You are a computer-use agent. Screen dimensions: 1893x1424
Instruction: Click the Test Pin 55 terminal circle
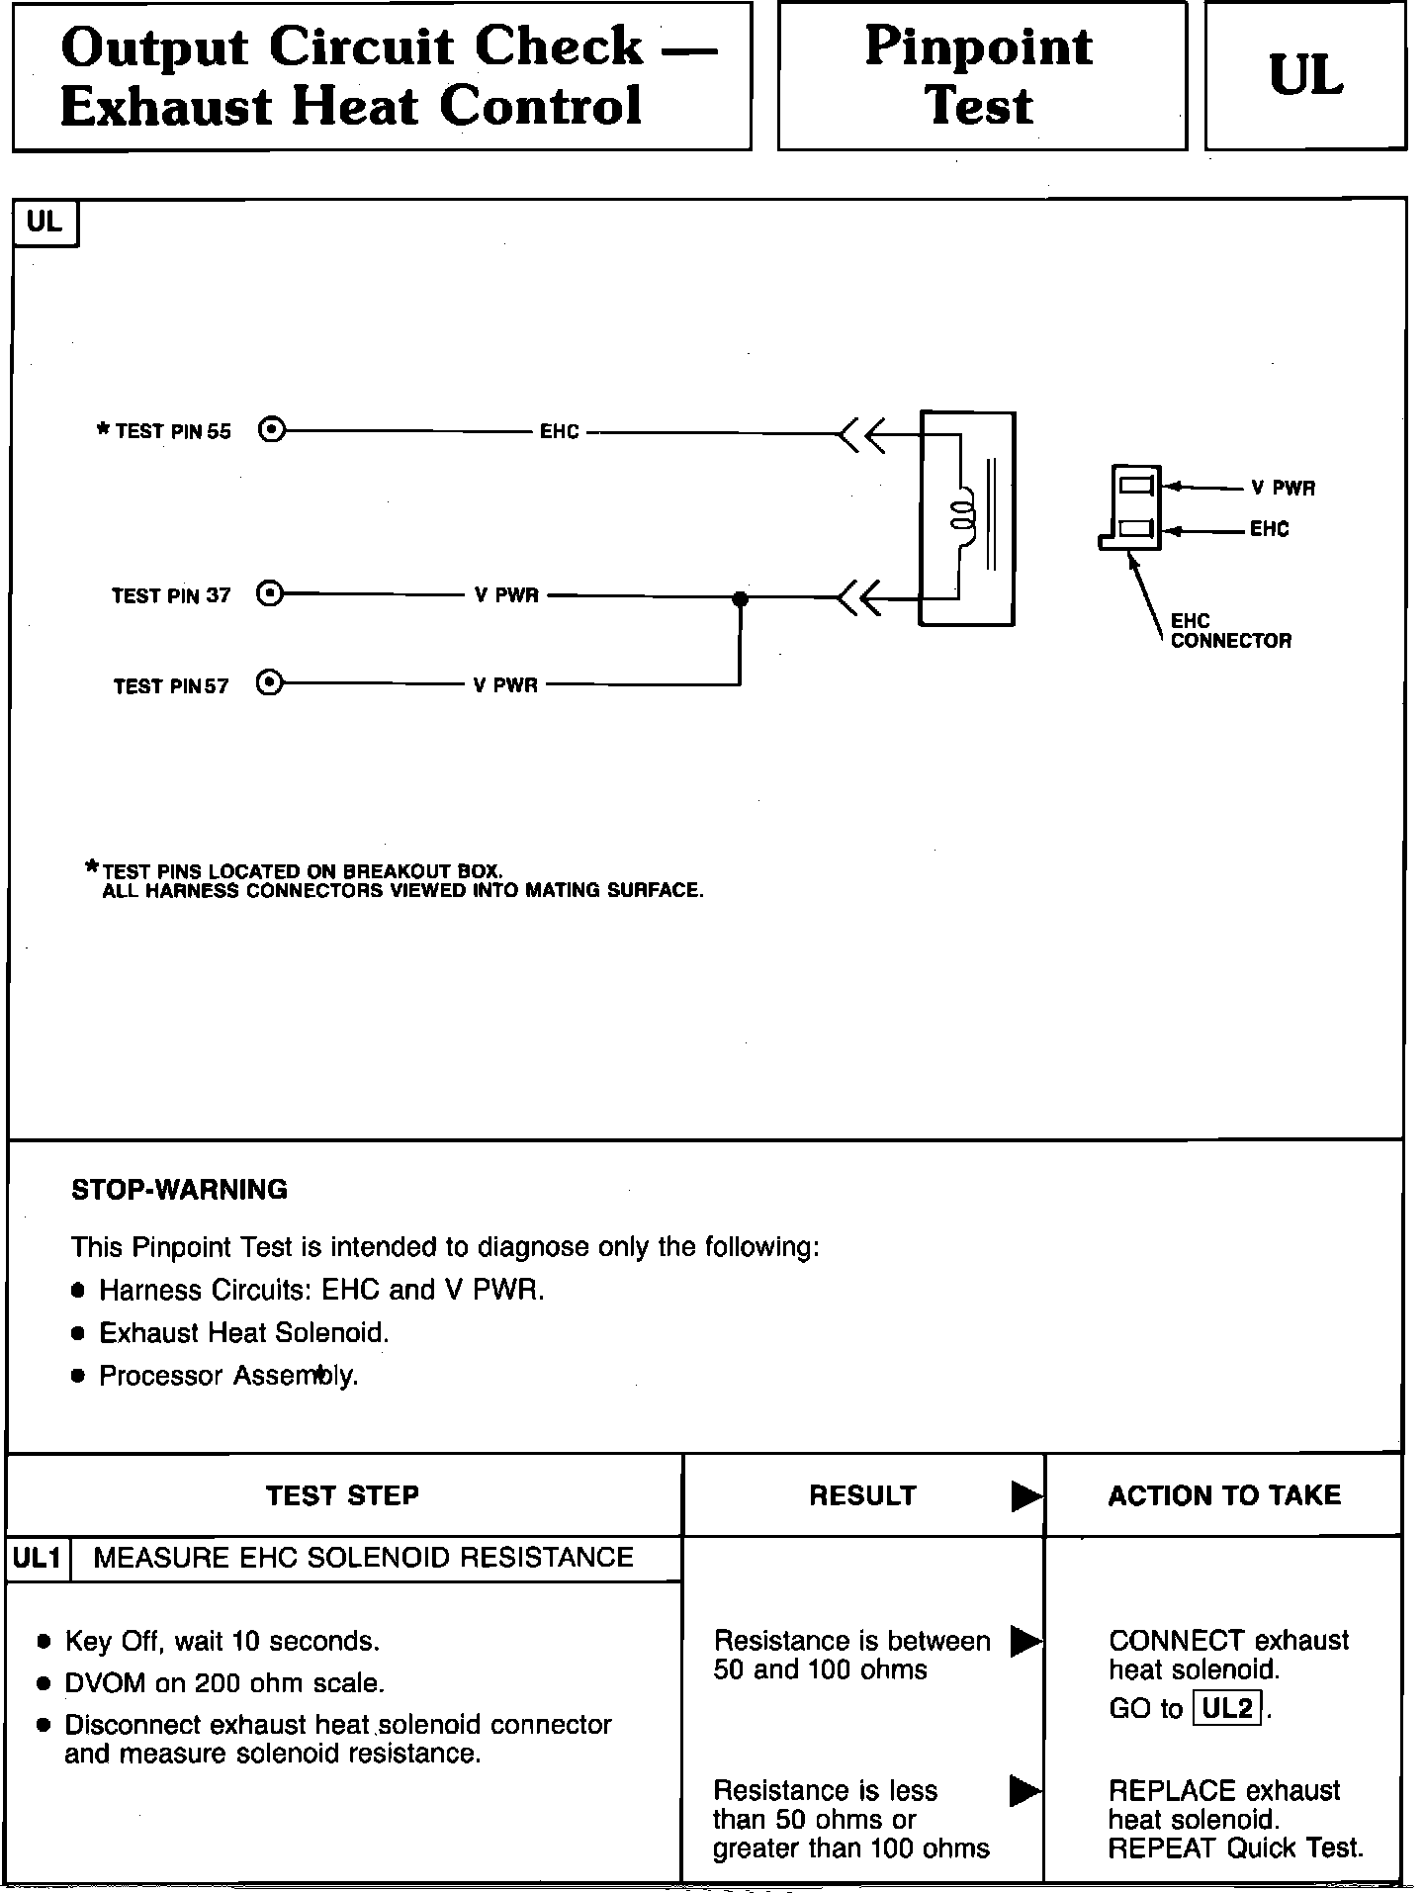tap(271, 431)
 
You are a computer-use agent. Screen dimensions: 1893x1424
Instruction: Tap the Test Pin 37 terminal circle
tap(269, 594)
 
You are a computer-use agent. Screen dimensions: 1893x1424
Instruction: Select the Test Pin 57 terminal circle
tap(269, 683)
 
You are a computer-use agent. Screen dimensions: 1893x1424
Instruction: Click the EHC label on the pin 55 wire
tap(560, 432)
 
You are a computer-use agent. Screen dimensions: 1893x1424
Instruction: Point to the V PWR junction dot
tap(740, 598)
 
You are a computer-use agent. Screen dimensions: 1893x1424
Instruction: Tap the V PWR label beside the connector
tap(1283, 488)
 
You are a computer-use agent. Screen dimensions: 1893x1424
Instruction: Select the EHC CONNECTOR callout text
tap(1230, 631)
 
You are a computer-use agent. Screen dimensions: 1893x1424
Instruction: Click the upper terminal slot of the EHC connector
tap(1135, 486)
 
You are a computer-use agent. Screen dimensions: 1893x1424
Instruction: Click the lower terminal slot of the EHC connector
tap(1135, 529)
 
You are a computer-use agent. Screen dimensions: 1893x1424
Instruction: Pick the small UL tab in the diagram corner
tap(44, 223)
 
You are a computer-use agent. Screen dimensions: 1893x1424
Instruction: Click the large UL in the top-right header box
tap(1305, 76)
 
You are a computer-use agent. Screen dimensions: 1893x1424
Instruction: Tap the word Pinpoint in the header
tap(979, 46)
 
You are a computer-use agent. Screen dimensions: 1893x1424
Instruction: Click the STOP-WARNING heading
tap(179, 1189)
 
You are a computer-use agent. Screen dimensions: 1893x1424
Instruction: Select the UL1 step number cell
tap(38, 1559)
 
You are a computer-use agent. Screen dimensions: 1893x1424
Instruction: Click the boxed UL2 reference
tap(1227, 1708)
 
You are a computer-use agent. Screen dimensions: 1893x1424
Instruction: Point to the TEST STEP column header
tap(342, 1495)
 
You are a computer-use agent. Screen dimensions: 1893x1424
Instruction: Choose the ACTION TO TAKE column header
tap(1224, 1495)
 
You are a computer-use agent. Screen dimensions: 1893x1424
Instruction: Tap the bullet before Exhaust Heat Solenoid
tap(79, 1334)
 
